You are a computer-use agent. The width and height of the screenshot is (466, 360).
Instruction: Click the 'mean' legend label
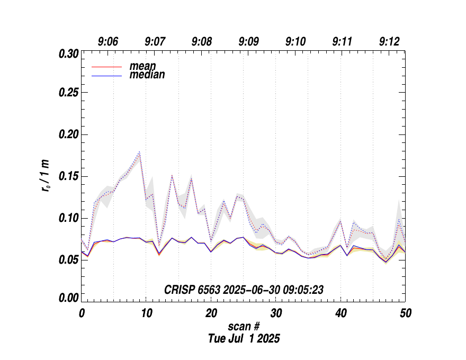(x=143, y=66)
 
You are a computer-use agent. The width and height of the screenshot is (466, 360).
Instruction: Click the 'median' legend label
(x=147, y=75)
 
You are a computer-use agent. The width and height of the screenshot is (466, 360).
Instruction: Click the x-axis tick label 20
(x=211, y=313)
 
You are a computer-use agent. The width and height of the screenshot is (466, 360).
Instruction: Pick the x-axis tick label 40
(x=340, y=313)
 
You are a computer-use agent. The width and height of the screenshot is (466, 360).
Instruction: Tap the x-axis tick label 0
(x=82, y=313)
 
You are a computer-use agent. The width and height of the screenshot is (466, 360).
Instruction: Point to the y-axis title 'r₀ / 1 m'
(x=47, y=177)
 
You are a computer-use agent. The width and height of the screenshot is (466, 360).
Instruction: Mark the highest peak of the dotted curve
(x=139, y=152)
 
